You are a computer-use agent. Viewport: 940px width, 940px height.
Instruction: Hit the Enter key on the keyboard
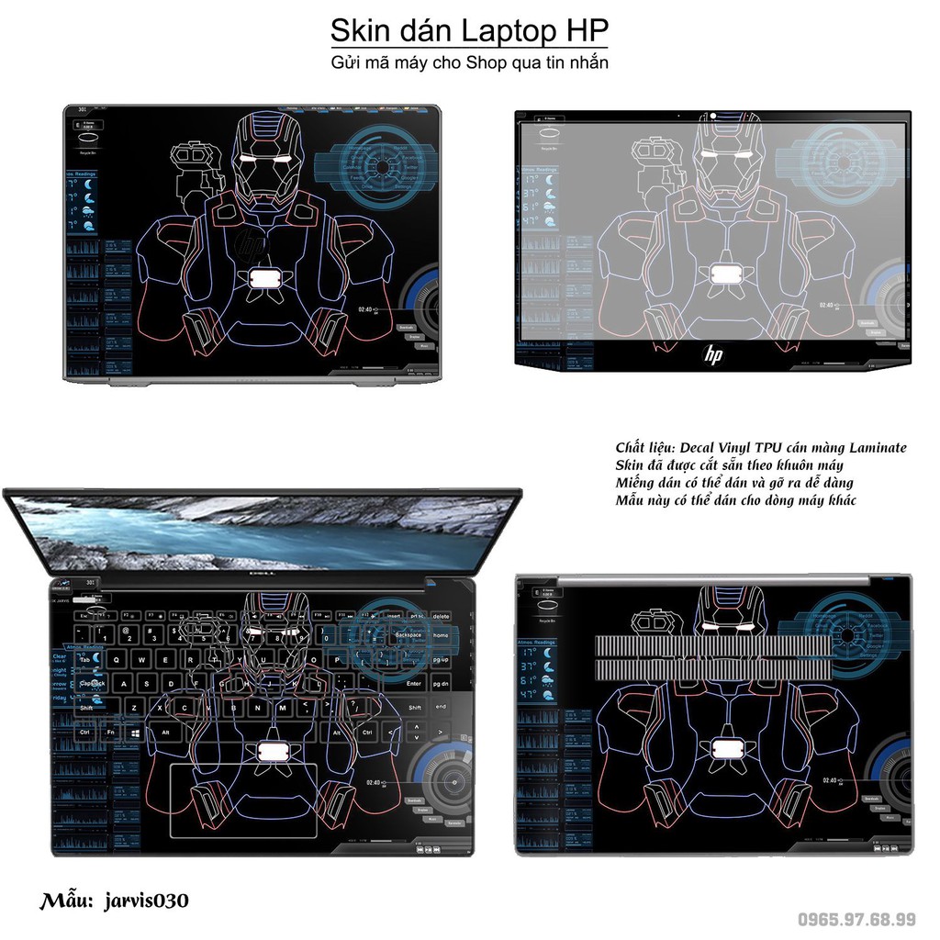(414, 683)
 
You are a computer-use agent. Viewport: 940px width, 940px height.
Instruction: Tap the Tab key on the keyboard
(86, 659)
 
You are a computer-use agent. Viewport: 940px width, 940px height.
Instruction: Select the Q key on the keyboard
(117, 659)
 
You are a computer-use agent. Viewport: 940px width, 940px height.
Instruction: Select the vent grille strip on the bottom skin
(713, 657)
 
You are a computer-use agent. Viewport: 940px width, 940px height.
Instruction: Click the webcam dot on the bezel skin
(712, 117)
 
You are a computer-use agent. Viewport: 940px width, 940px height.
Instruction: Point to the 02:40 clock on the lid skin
(365, 309)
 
